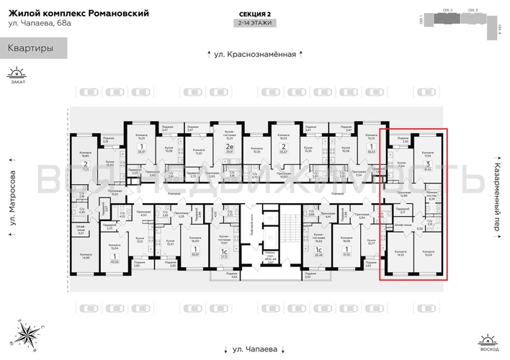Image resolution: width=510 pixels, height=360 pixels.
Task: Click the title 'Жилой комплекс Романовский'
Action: [x=79, y=14]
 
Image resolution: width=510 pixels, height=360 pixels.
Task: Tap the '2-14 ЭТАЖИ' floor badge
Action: [x=254, y=23]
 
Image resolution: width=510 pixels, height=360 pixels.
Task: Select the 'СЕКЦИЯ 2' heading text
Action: [x=254, y=14]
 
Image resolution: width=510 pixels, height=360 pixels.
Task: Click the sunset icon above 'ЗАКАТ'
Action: [x=16, y=73]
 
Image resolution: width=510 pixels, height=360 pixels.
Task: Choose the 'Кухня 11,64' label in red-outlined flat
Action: [x=401, y=164]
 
